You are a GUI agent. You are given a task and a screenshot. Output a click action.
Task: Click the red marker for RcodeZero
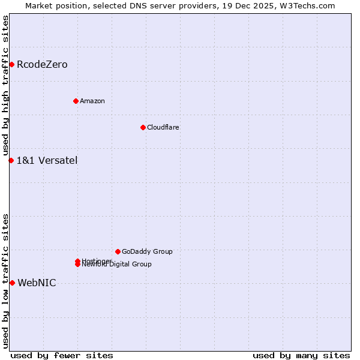coord(11,64)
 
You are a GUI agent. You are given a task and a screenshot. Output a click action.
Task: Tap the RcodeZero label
coord(42,65)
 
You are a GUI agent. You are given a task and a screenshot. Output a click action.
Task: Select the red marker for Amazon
coord(76,101)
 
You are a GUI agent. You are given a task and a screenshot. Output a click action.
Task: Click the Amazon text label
coord(92,101)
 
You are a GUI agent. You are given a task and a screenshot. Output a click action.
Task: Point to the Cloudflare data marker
coord(143,127)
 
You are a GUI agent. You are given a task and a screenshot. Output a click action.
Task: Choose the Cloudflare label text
coord(163,127)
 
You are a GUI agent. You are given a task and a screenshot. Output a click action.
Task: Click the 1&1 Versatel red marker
coord(11,160)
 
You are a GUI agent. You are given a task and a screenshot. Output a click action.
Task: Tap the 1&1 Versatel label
coord(47,160)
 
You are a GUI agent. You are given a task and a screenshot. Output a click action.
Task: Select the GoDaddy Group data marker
coord(118,251)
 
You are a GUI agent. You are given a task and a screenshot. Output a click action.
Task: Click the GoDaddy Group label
coord(147,251)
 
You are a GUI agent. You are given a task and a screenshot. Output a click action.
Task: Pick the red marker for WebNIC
coord(12,283)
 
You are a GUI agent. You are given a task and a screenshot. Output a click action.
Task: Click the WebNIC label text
coord(37,283)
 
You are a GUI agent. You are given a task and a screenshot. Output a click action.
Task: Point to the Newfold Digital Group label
coord(118,265)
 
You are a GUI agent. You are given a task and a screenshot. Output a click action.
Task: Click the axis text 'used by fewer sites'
coord(62,355)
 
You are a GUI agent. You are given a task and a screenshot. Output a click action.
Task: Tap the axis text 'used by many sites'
coord(301,355)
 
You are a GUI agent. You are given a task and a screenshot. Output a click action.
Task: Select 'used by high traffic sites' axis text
coord(5,86)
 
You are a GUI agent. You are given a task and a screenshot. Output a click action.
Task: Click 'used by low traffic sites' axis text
coord(5,280)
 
